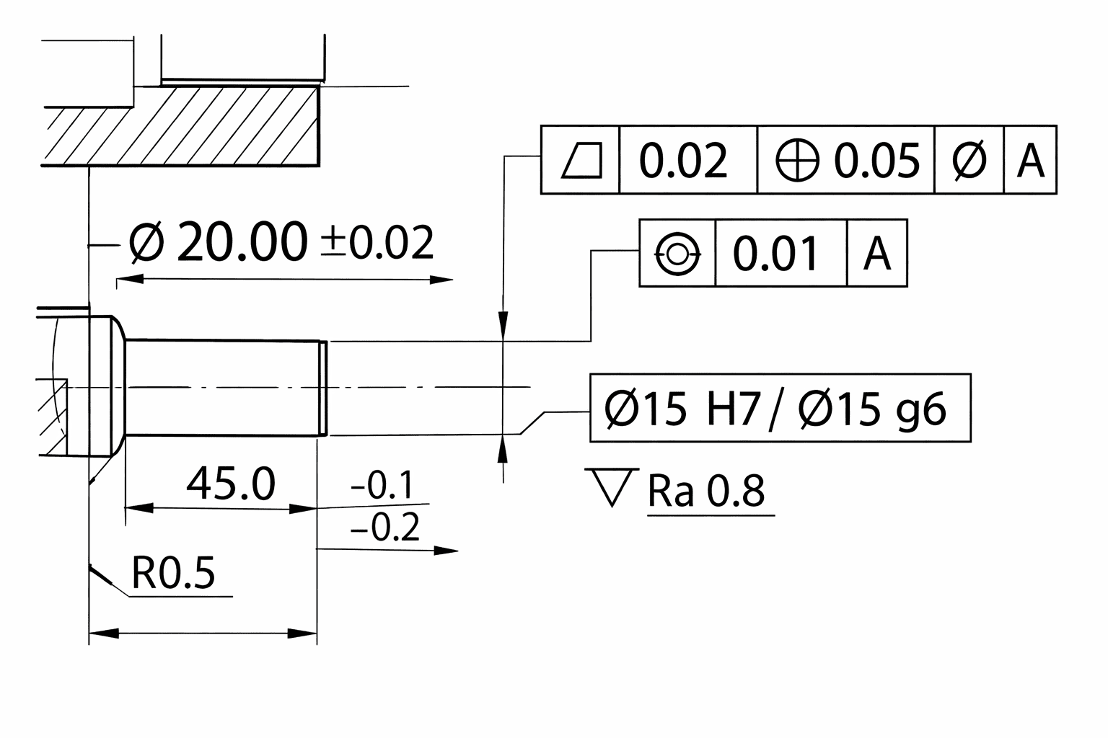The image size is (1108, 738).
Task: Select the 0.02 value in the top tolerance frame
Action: point(683,160)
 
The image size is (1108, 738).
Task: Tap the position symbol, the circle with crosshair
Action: point(797,160)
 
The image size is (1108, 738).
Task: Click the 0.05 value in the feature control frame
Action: point(877,160)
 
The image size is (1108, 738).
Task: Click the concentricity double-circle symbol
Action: point(677,254)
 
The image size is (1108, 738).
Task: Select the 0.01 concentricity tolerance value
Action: point(775,254)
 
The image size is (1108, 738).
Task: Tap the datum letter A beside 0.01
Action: point(877,254)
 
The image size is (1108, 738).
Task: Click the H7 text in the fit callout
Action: point(733,409)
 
